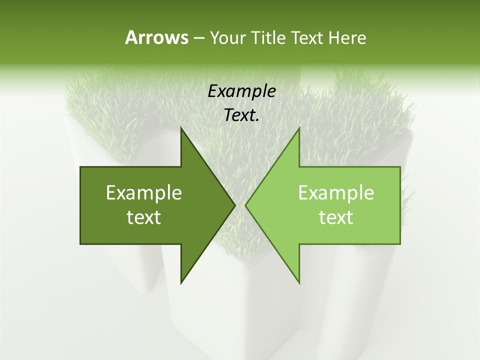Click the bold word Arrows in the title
156,37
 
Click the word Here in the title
348,38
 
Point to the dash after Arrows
198,38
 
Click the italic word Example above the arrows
241,91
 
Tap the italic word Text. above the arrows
241,115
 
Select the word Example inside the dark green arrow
144,193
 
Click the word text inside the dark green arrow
144,217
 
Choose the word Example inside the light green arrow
336,193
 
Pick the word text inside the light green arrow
336,217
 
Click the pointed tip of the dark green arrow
235,205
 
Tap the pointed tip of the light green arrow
245,205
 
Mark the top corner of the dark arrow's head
181,128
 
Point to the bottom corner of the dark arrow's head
181,283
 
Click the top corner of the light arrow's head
299,128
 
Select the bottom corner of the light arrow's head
299,283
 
